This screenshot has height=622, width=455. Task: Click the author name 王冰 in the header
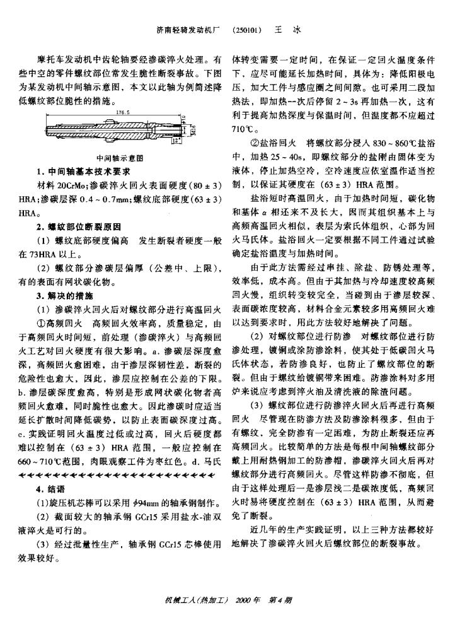pos(287,30)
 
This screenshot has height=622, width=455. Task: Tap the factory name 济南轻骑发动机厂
pos(190,30)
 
